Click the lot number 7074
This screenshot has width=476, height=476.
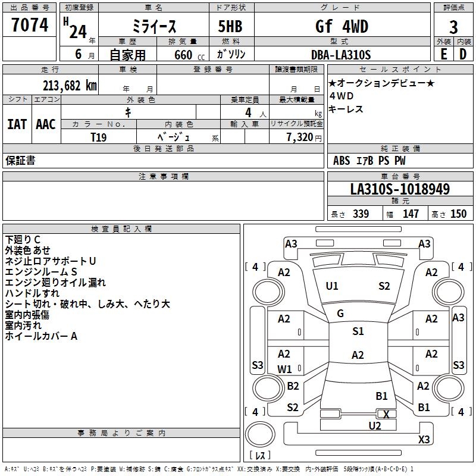pos(30,25)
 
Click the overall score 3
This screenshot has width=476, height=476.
pos(453,27)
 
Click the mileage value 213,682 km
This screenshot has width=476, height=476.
pos(69,85)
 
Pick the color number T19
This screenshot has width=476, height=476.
pos(99,136)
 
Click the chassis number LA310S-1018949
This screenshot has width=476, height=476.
pos(400,190)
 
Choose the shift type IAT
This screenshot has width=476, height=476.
pos(17,124)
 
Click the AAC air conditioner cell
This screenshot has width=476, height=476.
pos(46,124)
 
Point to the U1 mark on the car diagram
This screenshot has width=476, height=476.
pos(332,286)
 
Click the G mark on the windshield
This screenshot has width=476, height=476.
pos(340,314)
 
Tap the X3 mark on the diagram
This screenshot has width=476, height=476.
pos(424,439)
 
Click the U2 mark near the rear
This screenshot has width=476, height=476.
pos(374,425)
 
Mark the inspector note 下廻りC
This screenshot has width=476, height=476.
pos(23,240)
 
